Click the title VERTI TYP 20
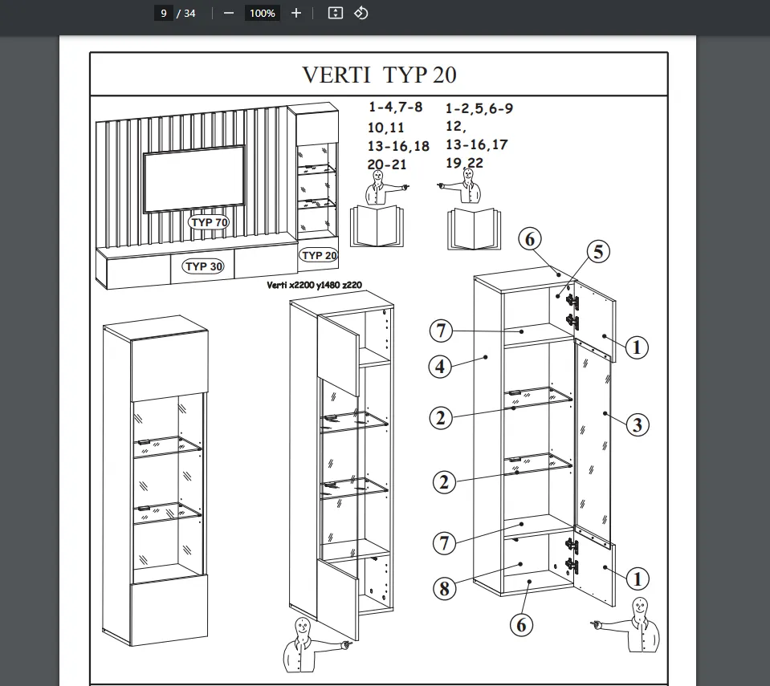379,75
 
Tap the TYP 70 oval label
209,221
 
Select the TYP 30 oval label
204,266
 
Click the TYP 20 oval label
319,255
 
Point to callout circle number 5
597,252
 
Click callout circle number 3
637,424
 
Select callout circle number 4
439,367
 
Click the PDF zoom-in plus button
296,13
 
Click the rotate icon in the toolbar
361,13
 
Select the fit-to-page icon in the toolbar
336,13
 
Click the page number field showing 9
164,13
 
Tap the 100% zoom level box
262,13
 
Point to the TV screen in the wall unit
194,177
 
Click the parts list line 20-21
388,164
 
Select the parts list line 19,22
465,163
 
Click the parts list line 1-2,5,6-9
479,108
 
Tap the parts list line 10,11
386,128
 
